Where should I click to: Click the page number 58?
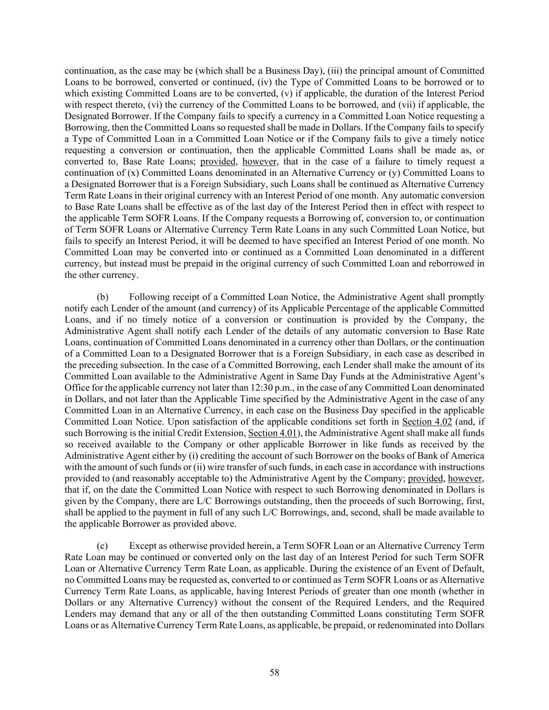pyautogui.click(x=274, y=673)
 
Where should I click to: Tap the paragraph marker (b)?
pyautogui.click(x=103, y=297)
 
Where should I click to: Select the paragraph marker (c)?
pyautogui.click(x=103, y=546)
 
